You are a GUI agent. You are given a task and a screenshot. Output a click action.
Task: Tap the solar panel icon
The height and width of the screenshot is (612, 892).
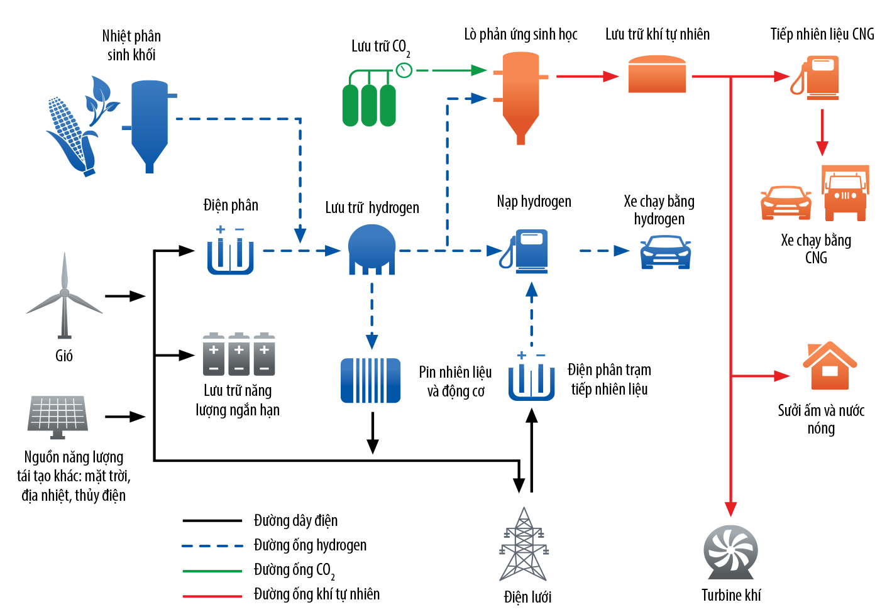tap(58, 417)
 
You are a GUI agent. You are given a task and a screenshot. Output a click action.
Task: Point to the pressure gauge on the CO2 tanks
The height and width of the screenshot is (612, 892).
tap(404, 70)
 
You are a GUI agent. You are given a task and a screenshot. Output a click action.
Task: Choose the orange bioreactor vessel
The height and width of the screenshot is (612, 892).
tap(520, 98)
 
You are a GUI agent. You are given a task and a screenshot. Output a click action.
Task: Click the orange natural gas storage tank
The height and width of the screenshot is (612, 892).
tap(657, 74)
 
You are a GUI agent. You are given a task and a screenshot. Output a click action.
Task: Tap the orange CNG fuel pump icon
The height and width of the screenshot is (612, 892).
tap(815, 77)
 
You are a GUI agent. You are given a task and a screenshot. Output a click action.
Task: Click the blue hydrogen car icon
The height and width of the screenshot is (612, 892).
tap(666, 253)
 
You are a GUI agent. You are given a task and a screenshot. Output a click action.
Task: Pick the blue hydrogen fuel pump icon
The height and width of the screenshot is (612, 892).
tap(524, 251)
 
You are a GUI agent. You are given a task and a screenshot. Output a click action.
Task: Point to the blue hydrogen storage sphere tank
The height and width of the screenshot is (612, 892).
tap(372, 249)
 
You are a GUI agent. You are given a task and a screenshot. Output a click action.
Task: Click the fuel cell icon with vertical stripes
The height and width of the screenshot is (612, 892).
tap(370, 380)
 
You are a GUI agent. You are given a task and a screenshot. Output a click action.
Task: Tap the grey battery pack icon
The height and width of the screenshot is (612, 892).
tap(239, 354)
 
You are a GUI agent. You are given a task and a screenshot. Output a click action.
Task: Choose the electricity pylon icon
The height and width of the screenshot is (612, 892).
tap(524, 544)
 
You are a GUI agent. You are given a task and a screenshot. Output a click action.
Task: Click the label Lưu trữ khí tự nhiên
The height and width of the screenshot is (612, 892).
tap(658, 35)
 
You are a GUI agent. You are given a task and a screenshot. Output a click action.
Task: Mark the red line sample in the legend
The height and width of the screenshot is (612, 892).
tap(212, 596)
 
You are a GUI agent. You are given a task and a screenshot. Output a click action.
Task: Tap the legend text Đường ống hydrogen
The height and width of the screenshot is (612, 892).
tap(310, 545)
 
